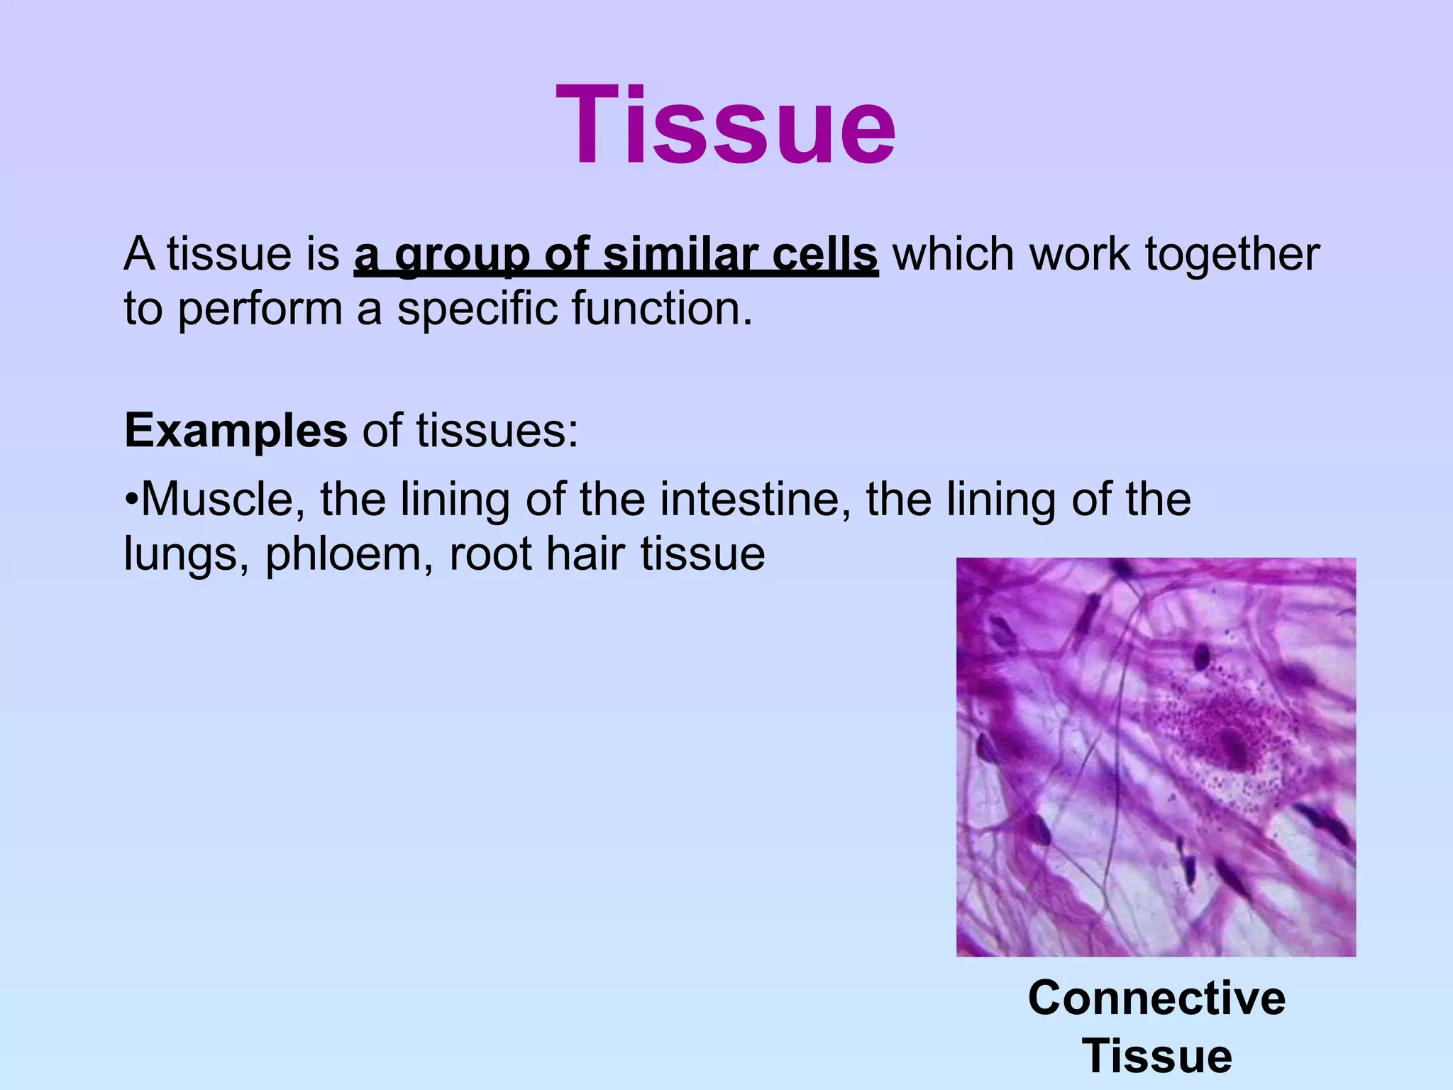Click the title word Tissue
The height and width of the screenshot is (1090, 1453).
726,126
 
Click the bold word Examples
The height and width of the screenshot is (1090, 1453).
236,431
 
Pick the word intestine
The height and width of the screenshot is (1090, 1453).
753,500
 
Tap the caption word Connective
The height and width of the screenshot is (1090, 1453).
1156,998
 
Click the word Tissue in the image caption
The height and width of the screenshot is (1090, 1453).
1156,1056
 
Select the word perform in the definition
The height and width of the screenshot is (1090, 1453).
260,311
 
